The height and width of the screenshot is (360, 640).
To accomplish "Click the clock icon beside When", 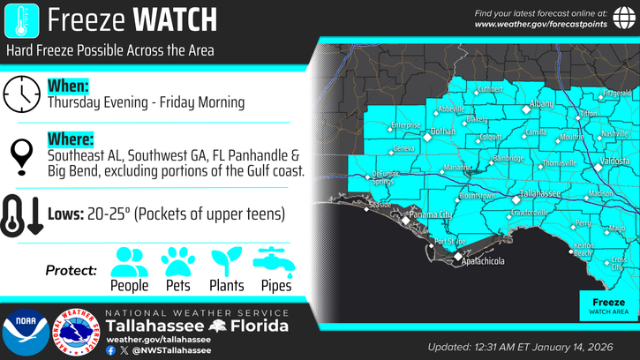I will (21, 94).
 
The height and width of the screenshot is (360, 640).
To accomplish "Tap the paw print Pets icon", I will (177, 261).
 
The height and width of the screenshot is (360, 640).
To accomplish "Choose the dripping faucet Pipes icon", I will (275, 260).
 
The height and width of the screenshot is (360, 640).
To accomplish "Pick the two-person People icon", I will (130, 261).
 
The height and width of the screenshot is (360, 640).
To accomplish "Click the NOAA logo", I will (25, 333).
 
